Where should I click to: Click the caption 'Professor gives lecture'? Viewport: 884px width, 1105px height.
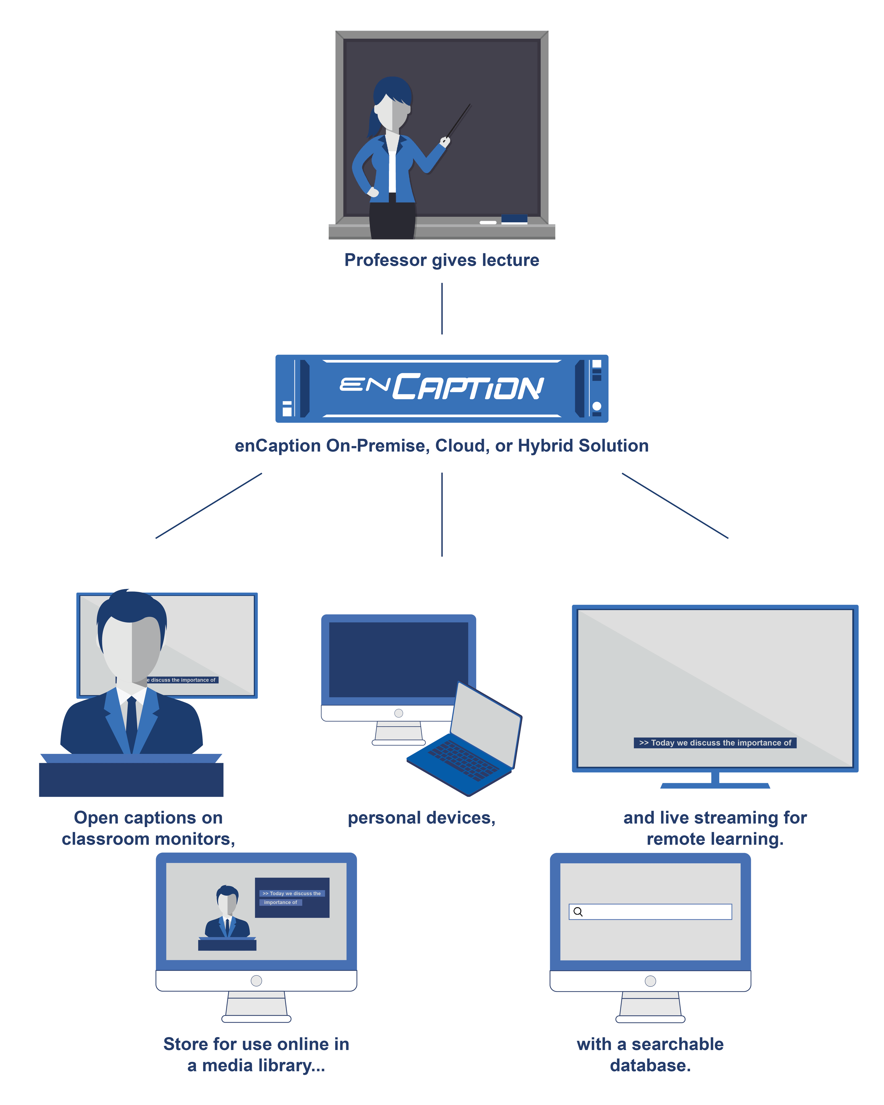click(441, 260)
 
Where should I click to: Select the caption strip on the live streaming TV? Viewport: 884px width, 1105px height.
click(715, 743)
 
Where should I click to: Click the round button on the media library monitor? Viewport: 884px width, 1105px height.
click(256, 980)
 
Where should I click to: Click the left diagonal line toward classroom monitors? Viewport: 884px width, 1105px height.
click(209, 505)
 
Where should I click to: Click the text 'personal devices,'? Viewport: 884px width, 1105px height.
click(421, 818)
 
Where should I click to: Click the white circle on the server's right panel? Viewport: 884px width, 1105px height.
click(596, 406)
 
